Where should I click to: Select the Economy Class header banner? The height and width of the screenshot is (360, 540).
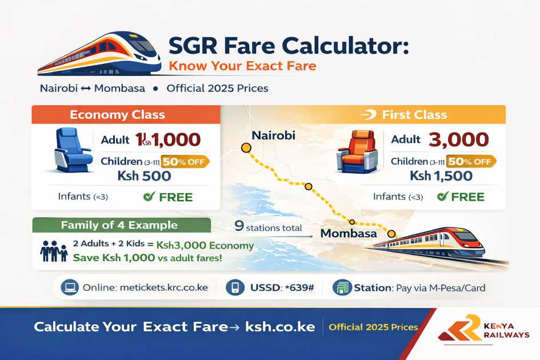pos(126,114)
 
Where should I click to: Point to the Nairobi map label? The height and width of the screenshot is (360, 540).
pos(273,135)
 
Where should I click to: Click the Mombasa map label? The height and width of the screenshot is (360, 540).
pos(349,233)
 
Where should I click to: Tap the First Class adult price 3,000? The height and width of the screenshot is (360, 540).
pos(458,139)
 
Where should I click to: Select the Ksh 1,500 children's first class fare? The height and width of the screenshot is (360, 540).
pos(441,176)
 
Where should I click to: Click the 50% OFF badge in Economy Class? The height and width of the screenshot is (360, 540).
pos(185,161)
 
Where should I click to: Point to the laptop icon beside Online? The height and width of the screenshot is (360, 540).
pos(70,287)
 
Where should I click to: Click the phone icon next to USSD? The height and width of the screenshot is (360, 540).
pos(235,287)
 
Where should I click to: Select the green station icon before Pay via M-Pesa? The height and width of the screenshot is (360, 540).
pos(341,287)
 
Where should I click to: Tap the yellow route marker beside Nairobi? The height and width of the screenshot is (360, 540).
pos(246,148)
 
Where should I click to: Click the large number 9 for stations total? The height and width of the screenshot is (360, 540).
pos(239,226)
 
